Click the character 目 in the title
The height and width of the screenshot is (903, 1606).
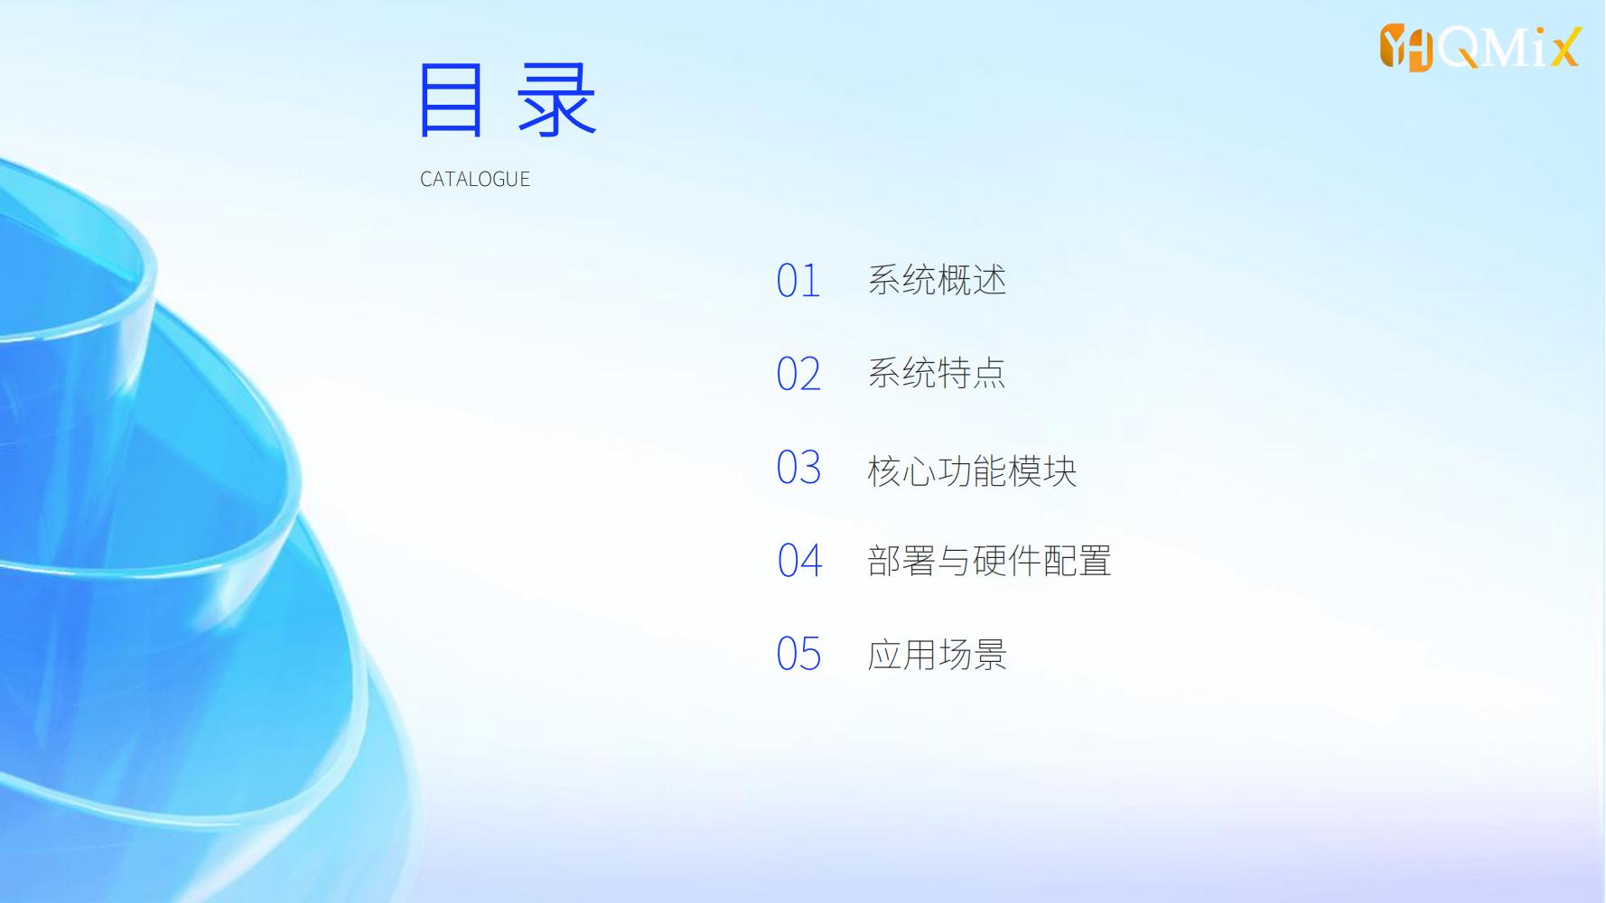tap(451, 100)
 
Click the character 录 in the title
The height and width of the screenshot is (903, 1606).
tap(556, 100)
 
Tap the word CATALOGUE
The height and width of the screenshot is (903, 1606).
tap(475, 179)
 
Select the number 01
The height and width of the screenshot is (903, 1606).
tap(798, 281)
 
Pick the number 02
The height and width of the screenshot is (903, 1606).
tap(798, 374)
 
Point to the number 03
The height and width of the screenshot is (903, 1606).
tap(798, 468)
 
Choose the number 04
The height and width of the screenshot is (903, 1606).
tap(799, 561)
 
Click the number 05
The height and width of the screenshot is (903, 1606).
tap(798, 654)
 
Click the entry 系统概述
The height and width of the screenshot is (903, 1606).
tap(938, 280)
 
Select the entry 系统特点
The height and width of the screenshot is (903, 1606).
tap(938, 373)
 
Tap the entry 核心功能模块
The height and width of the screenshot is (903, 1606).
tap(973, 470)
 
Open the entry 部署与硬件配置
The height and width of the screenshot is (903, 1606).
tap(990, 561)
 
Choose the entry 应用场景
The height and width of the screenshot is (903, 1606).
tap(938, 655)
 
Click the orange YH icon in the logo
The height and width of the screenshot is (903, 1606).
tap(1406, 48)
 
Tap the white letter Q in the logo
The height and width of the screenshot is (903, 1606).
tap(1458, 48)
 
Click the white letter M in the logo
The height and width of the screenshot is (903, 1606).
tap(1504, 48)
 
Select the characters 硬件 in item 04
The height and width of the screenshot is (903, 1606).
tap(1007, 561)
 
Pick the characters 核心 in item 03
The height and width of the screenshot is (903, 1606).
tap(902, 470)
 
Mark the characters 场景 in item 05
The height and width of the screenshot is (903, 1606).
tap(973, 655)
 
